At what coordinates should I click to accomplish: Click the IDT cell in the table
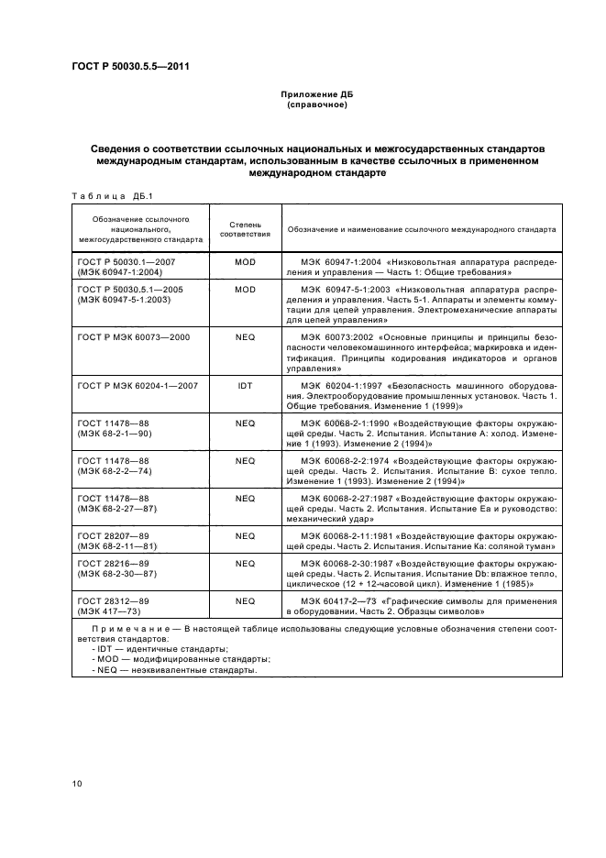[x=245, y=386]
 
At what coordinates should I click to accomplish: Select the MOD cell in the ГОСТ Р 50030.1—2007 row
[x=245, y=262]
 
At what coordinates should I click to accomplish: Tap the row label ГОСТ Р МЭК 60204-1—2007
[x=139, y=386]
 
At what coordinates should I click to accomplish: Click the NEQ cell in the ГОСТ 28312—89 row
[x=245, y=600]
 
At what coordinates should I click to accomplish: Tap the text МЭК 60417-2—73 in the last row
[x=341, y=600]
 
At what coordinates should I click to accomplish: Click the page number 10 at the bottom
[x=77, y=784]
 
